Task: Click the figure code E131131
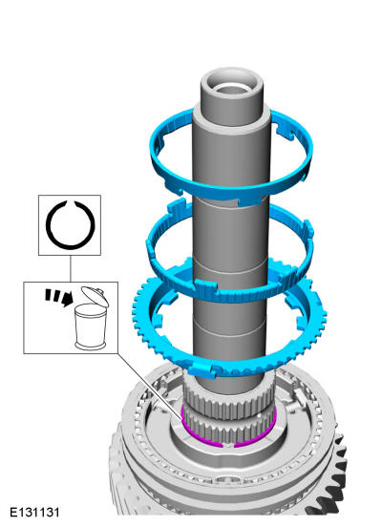[x=34, y=513]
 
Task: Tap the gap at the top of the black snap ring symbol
[x=70, y=203]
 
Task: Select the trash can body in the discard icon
[x=91, y=327]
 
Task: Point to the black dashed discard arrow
[x=59, y=296]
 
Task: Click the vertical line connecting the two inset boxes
[x=71, y=268]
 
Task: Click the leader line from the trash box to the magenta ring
[x=150, y=386]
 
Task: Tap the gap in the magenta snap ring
[x=228, y=446]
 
